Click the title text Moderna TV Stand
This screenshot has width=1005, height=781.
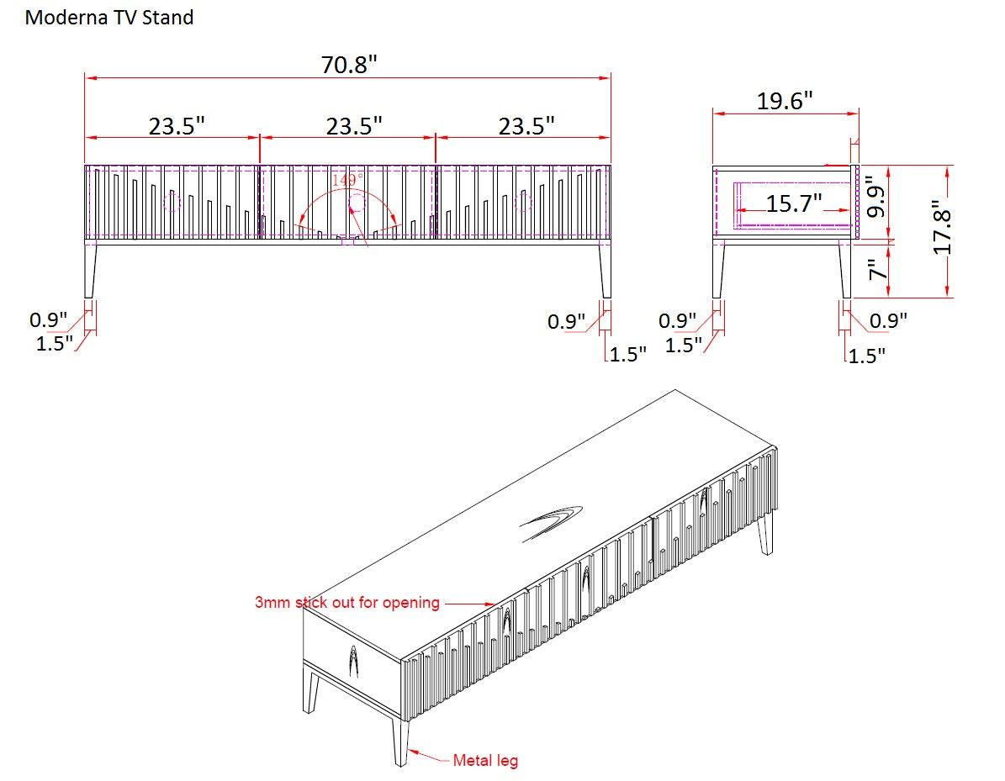pyautogui.click(x=109, y=18)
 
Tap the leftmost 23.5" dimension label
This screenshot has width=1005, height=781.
pyautogui.click(x=177, y=126)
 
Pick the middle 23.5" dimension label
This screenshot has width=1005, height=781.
pyautogui.click(x=354, y=126)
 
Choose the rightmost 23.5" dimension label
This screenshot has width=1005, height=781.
pyautogui.click(x=526, y=126)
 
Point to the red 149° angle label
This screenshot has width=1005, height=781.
pyautogui.click(x=348, y=180)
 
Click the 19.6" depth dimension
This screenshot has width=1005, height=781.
pyautogui.click(x=785, y=101)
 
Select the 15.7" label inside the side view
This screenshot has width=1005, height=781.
pyautogui.click(x=794, y=203)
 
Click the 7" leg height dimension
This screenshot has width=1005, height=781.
pyautogui.click(x=877, y=271)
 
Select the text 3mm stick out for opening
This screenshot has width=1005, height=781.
pyautogui.click(x=347, y=602)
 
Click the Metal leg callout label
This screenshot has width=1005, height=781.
pyautogui.click(x=485, y=761)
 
